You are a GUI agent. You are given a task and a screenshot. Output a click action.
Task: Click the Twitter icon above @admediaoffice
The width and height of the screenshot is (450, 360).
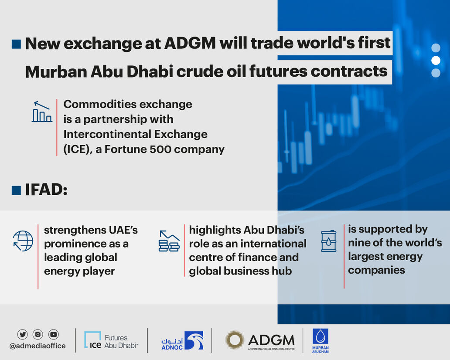point(22,334)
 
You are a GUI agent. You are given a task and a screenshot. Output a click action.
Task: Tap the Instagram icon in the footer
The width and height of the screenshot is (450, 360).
point(38,334)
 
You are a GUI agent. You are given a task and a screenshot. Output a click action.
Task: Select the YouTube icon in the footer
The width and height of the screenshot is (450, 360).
point(54,334)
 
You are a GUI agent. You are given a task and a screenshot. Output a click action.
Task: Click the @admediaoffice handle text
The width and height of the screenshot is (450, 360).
point(37,346)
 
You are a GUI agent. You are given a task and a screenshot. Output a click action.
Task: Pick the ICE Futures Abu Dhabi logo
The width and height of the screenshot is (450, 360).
point(111,341)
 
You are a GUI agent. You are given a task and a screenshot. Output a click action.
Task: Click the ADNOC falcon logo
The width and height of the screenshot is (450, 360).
point(194,340)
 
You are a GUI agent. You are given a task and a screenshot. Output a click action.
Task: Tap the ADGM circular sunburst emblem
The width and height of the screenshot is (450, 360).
point(235,340)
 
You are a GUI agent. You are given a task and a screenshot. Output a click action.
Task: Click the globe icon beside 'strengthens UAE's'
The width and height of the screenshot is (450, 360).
point(23,241)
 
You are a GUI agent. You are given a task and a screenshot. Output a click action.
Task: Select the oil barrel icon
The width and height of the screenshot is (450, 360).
point(328,241)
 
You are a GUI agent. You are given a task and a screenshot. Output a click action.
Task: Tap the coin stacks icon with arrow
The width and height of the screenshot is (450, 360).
point(169,241)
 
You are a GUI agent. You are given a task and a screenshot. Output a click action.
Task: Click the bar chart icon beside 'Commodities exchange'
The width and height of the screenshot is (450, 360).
point(42,112)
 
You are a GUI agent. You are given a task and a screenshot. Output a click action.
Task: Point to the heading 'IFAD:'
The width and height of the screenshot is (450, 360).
point(46,190)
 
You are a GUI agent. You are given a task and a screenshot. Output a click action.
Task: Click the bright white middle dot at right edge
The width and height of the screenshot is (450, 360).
point(436,61)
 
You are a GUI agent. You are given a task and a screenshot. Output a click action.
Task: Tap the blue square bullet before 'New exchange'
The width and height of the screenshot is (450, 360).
point(16,44)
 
